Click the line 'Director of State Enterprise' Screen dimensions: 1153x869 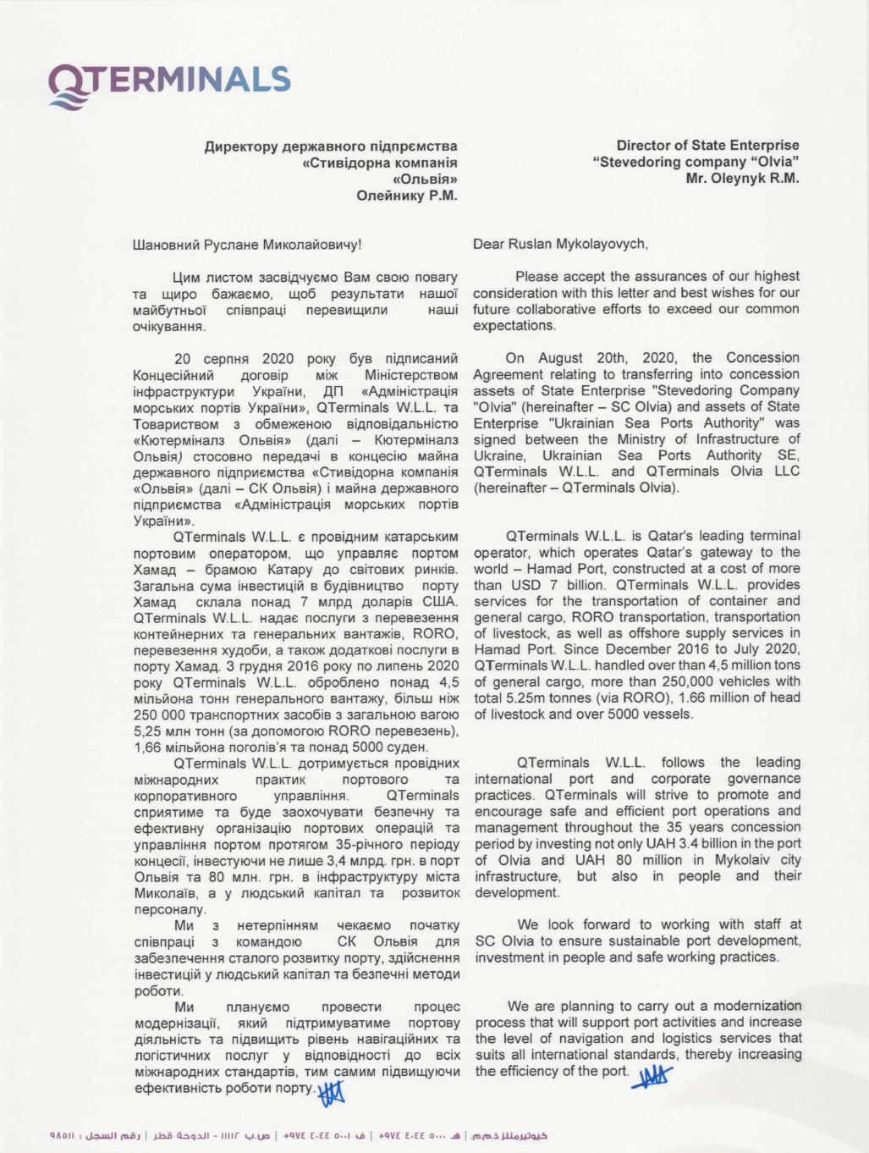pyautogui.click(x=707, y=146)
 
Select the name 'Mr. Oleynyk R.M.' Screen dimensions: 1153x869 pyautogui.click(x=742, y=178)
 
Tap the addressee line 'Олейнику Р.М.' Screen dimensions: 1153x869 pyautogui.click(x=406, y=196)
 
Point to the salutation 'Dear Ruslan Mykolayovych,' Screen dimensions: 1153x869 pyautogui.click(x=560, y=245)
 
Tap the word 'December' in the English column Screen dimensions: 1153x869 pyautogui.click(x=639, y=649)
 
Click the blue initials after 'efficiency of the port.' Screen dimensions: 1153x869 pyautogui.click(x=653, y=1076)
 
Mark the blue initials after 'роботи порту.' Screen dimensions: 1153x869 pyautogui.click(x=332, y=1093)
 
